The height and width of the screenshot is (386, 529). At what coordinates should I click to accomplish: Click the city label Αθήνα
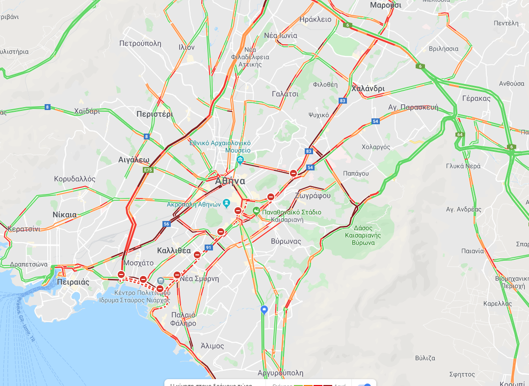[x=230, y=181]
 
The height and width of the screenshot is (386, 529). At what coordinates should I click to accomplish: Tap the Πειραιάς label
[x=73, y=282]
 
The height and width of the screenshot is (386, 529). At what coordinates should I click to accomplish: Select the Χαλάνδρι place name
[x=368, y=89]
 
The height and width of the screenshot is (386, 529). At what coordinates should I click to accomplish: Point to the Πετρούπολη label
[x=140, y=43]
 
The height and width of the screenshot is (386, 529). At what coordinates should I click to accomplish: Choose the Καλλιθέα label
[x=174, y=250]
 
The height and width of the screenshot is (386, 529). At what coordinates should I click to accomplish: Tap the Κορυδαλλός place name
[x=75, y=179]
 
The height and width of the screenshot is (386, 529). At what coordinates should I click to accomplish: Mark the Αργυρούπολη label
[x=280, y=373]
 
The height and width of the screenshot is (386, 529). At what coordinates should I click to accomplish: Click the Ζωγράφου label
[x=313, y=195]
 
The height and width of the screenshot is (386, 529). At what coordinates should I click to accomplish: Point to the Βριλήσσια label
[x=443, y=49]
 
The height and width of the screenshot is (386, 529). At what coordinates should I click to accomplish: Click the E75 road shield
[x=147, y=170]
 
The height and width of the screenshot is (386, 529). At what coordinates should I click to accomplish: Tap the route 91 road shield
[x=209, y=247]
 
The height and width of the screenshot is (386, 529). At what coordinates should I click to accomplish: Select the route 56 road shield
[x=166, y=224]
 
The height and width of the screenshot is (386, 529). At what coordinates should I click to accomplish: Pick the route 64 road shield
[x=459, y=134]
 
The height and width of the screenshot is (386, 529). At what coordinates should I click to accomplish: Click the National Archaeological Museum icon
[x=240, y=160]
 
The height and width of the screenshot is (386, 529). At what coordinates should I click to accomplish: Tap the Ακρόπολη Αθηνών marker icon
[x=226, y=203]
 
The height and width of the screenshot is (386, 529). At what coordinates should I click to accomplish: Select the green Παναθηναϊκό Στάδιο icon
[x=256, y=212]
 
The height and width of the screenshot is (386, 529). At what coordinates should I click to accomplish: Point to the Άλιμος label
[x=212, y=346]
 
